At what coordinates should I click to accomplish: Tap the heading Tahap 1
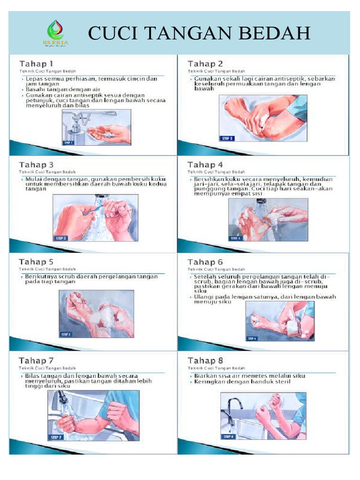tap(36, 63)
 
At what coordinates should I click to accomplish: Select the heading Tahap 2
tap(205, 63)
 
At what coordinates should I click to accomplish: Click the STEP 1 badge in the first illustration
tap(69, 142)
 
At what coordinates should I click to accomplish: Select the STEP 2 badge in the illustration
tap(227, 138)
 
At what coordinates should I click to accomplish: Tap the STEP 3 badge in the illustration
tap(61, 238)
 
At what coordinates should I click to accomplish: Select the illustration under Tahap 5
tap(96, 313)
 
